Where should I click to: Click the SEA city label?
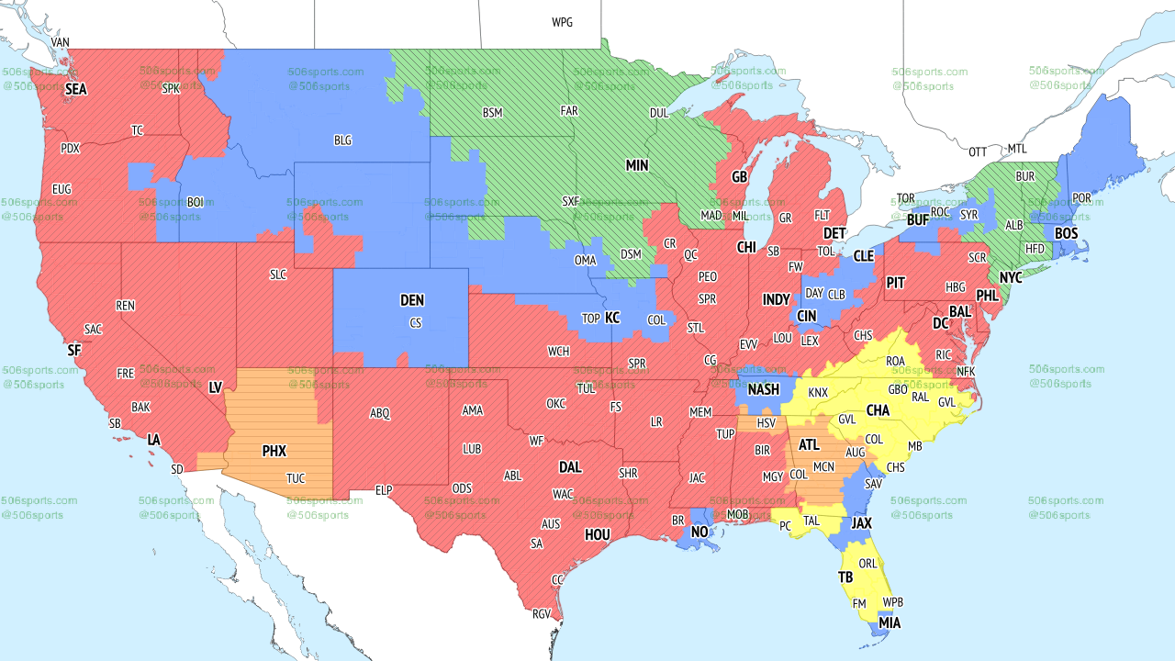point(76,90)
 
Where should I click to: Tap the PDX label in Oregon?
point(70,148)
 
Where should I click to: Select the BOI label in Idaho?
point(196,201)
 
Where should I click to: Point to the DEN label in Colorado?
point(412,300)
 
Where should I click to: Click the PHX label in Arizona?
point(274,451)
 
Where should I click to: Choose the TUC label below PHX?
point(296,478)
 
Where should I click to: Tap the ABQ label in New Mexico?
point(380,413)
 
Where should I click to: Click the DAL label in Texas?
point(570,467)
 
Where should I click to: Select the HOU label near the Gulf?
point(597,534)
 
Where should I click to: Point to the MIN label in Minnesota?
point(637,165)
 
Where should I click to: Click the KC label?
point(612,318)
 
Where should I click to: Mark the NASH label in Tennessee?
point(763,389)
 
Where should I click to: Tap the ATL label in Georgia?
point(809,444)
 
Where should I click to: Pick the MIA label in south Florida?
point(889,622)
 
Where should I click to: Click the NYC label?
point(1011,277)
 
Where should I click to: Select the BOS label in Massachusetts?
point(1066,233)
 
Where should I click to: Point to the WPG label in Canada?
point(562,22)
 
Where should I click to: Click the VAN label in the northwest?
point(61,42)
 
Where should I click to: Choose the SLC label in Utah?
point(278,274)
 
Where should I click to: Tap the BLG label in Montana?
point(342,140)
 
